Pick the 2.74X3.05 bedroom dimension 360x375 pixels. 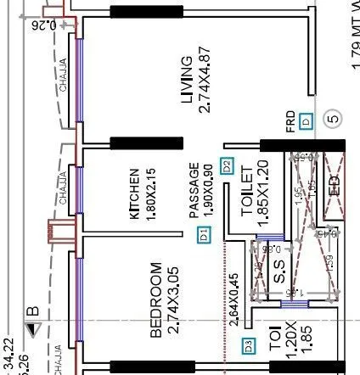(x=173, y=301)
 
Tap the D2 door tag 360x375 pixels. (x=227, y=166)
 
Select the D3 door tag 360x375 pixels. (x=249, y=345)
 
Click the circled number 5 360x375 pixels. (x=333, y=119)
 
